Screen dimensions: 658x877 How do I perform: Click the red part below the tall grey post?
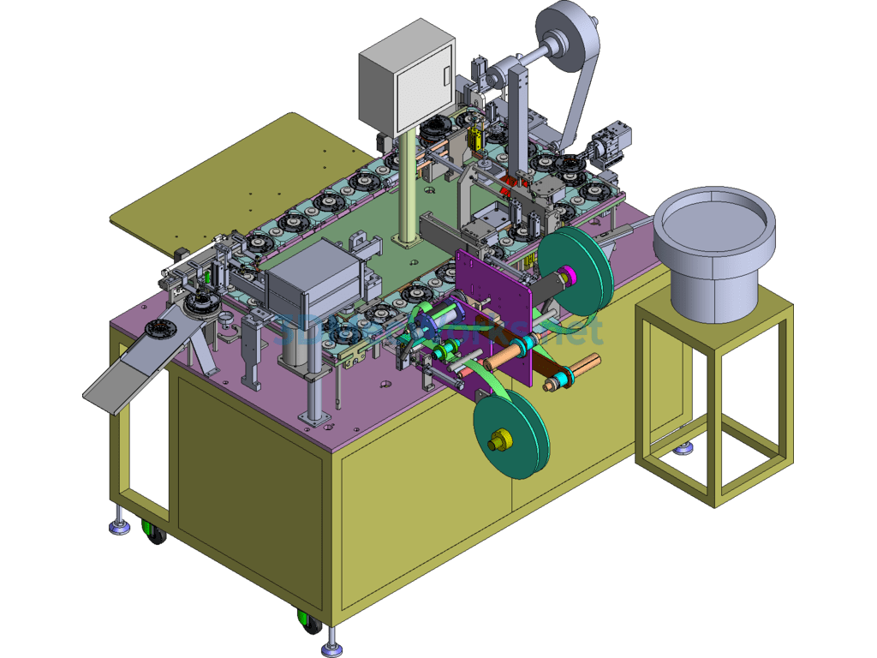click(514, 182)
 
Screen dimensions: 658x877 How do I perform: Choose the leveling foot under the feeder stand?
click(683, 447)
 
